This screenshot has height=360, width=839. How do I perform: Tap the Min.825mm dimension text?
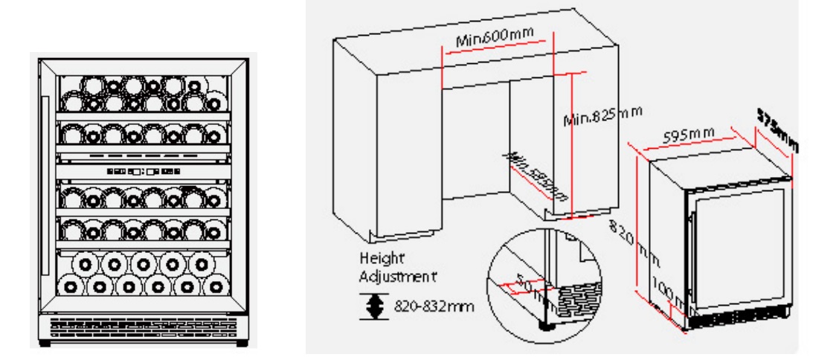click(600, 114)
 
